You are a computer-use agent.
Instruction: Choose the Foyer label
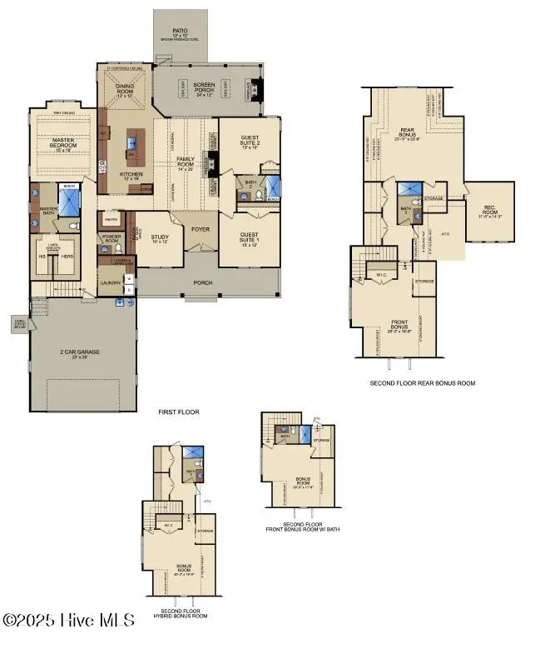click(200, 227)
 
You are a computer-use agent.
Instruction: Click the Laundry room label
click(109, 282)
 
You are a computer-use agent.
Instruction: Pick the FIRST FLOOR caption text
click(179, 412)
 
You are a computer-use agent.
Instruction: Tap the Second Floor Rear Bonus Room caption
click(423, 382)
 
